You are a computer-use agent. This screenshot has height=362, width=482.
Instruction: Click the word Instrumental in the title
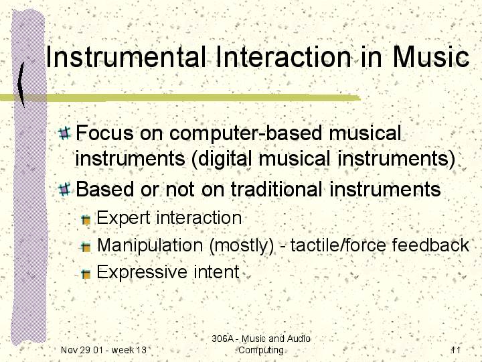126,57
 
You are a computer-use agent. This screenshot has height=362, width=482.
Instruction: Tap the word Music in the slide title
431,57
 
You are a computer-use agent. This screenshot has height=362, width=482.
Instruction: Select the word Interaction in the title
283,57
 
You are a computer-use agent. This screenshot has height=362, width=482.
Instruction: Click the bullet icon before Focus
64,133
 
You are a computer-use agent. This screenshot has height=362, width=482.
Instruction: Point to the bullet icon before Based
64,189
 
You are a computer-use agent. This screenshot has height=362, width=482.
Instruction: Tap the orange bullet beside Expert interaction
86,220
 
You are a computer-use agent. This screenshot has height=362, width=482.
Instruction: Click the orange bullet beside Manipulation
86,247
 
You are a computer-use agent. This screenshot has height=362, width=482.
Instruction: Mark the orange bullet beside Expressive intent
86,274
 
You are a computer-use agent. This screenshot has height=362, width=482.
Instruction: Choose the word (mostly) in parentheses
241,246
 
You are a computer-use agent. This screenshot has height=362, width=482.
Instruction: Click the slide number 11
456,350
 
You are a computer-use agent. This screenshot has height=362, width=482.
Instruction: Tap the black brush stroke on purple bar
21,84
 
